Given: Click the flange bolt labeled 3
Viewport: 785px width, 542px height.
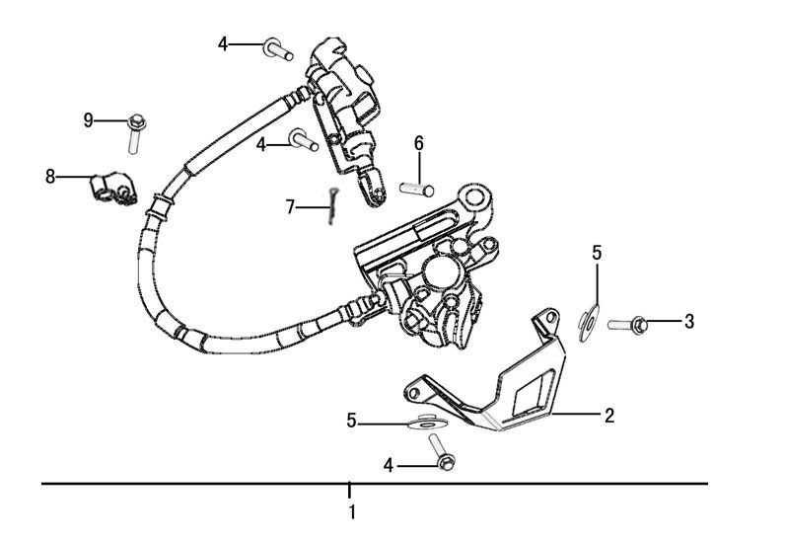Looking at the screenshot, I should [629, 323].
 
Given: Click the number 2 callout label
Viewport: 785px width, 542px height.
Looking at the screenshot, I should [609, 416].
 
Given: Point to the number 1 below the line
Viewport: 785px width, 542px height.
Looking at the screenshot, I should [351, 512].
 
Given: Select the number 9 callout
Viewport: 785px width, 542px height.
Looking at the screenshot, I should [89, 120].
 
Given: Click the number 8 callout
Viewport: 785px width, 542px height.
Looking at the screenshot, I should [50, 177].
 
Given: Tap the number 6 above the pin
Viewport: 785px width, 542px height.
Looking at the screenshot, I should [418, 143].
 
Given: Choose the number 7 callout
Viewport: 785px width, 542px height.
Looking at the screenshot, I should [290, 207].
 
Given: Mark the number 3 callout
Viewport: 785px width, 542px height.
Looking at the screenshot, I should [689, 321].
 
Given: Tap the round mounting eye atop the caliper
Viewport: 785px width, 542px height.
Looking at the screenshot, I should [478, 198].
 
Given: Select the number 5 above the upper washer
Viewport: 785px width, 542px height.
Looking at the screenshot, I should [597, 253].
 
